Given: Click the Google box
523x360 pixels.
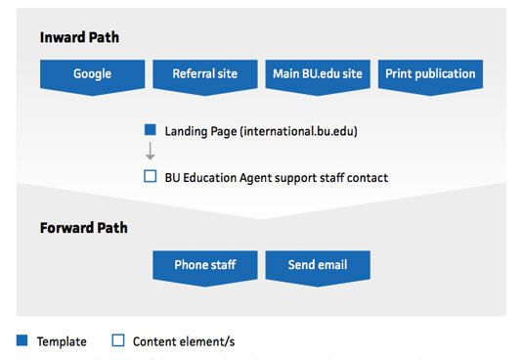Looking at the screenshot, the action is (92, 74).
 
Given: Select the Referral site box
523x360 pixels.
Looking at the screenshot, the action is (203, 74).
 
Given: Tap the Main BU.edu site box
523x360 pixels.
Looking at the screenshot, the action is (318, 74).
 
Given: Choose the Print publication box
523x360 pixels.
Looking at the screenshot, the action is (430, 74).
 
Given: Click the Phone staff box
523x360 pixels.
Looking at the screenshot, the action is (205, 265).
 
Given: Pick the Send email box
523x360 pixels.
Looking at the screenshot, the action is (317, 265).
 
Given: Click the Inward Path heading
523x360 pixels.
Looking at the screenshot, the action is (79, 37).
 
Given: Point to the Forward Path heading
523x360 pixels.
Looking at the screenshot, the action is (84, 228).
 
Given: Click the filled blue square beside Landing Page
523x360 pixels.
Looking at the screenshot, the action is (150, 129).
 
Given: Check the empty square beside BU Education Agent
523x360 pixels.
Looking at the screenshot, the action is (150, 177).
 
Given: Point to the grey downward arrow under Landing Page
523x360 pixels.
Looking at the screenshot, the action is (150, 153).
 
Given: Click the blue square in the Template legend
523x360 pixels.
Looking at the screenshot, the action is (22, 341).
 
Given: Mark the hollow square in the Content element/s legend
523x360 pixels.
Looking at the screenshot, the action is (118, 341).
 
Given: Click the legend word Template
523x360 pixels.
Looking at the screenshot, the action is (62, 342).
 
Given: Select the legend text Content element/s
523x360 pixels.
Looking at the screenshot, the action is (184, 342).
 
